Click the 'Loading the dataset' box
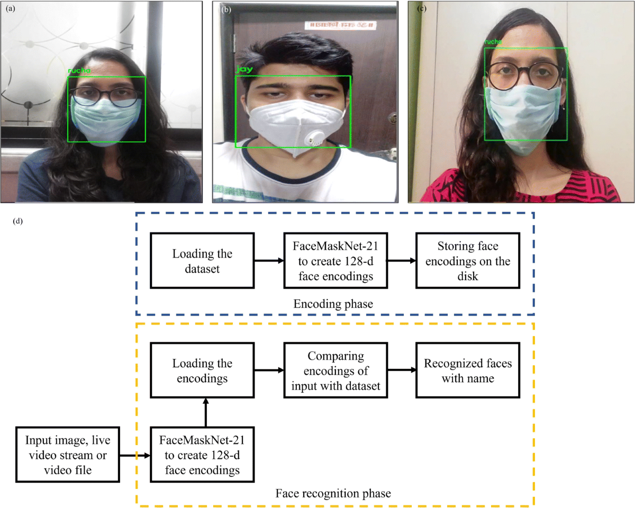click(202, 261)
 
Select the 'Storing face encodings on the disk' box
click(467, 261)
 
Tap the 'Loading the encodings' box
click(202, 371)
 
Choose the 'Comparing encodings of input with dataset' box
click(335, 371)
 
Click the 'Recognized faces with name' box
click(467, 371)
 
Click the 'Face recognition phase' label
click(333, 494)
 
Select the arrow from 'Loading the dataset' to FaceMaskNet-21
click(269, 261)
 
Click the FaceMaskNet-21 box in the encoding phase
click(335, 261)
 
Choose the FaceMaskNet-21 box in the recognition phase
click(202, 454)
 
